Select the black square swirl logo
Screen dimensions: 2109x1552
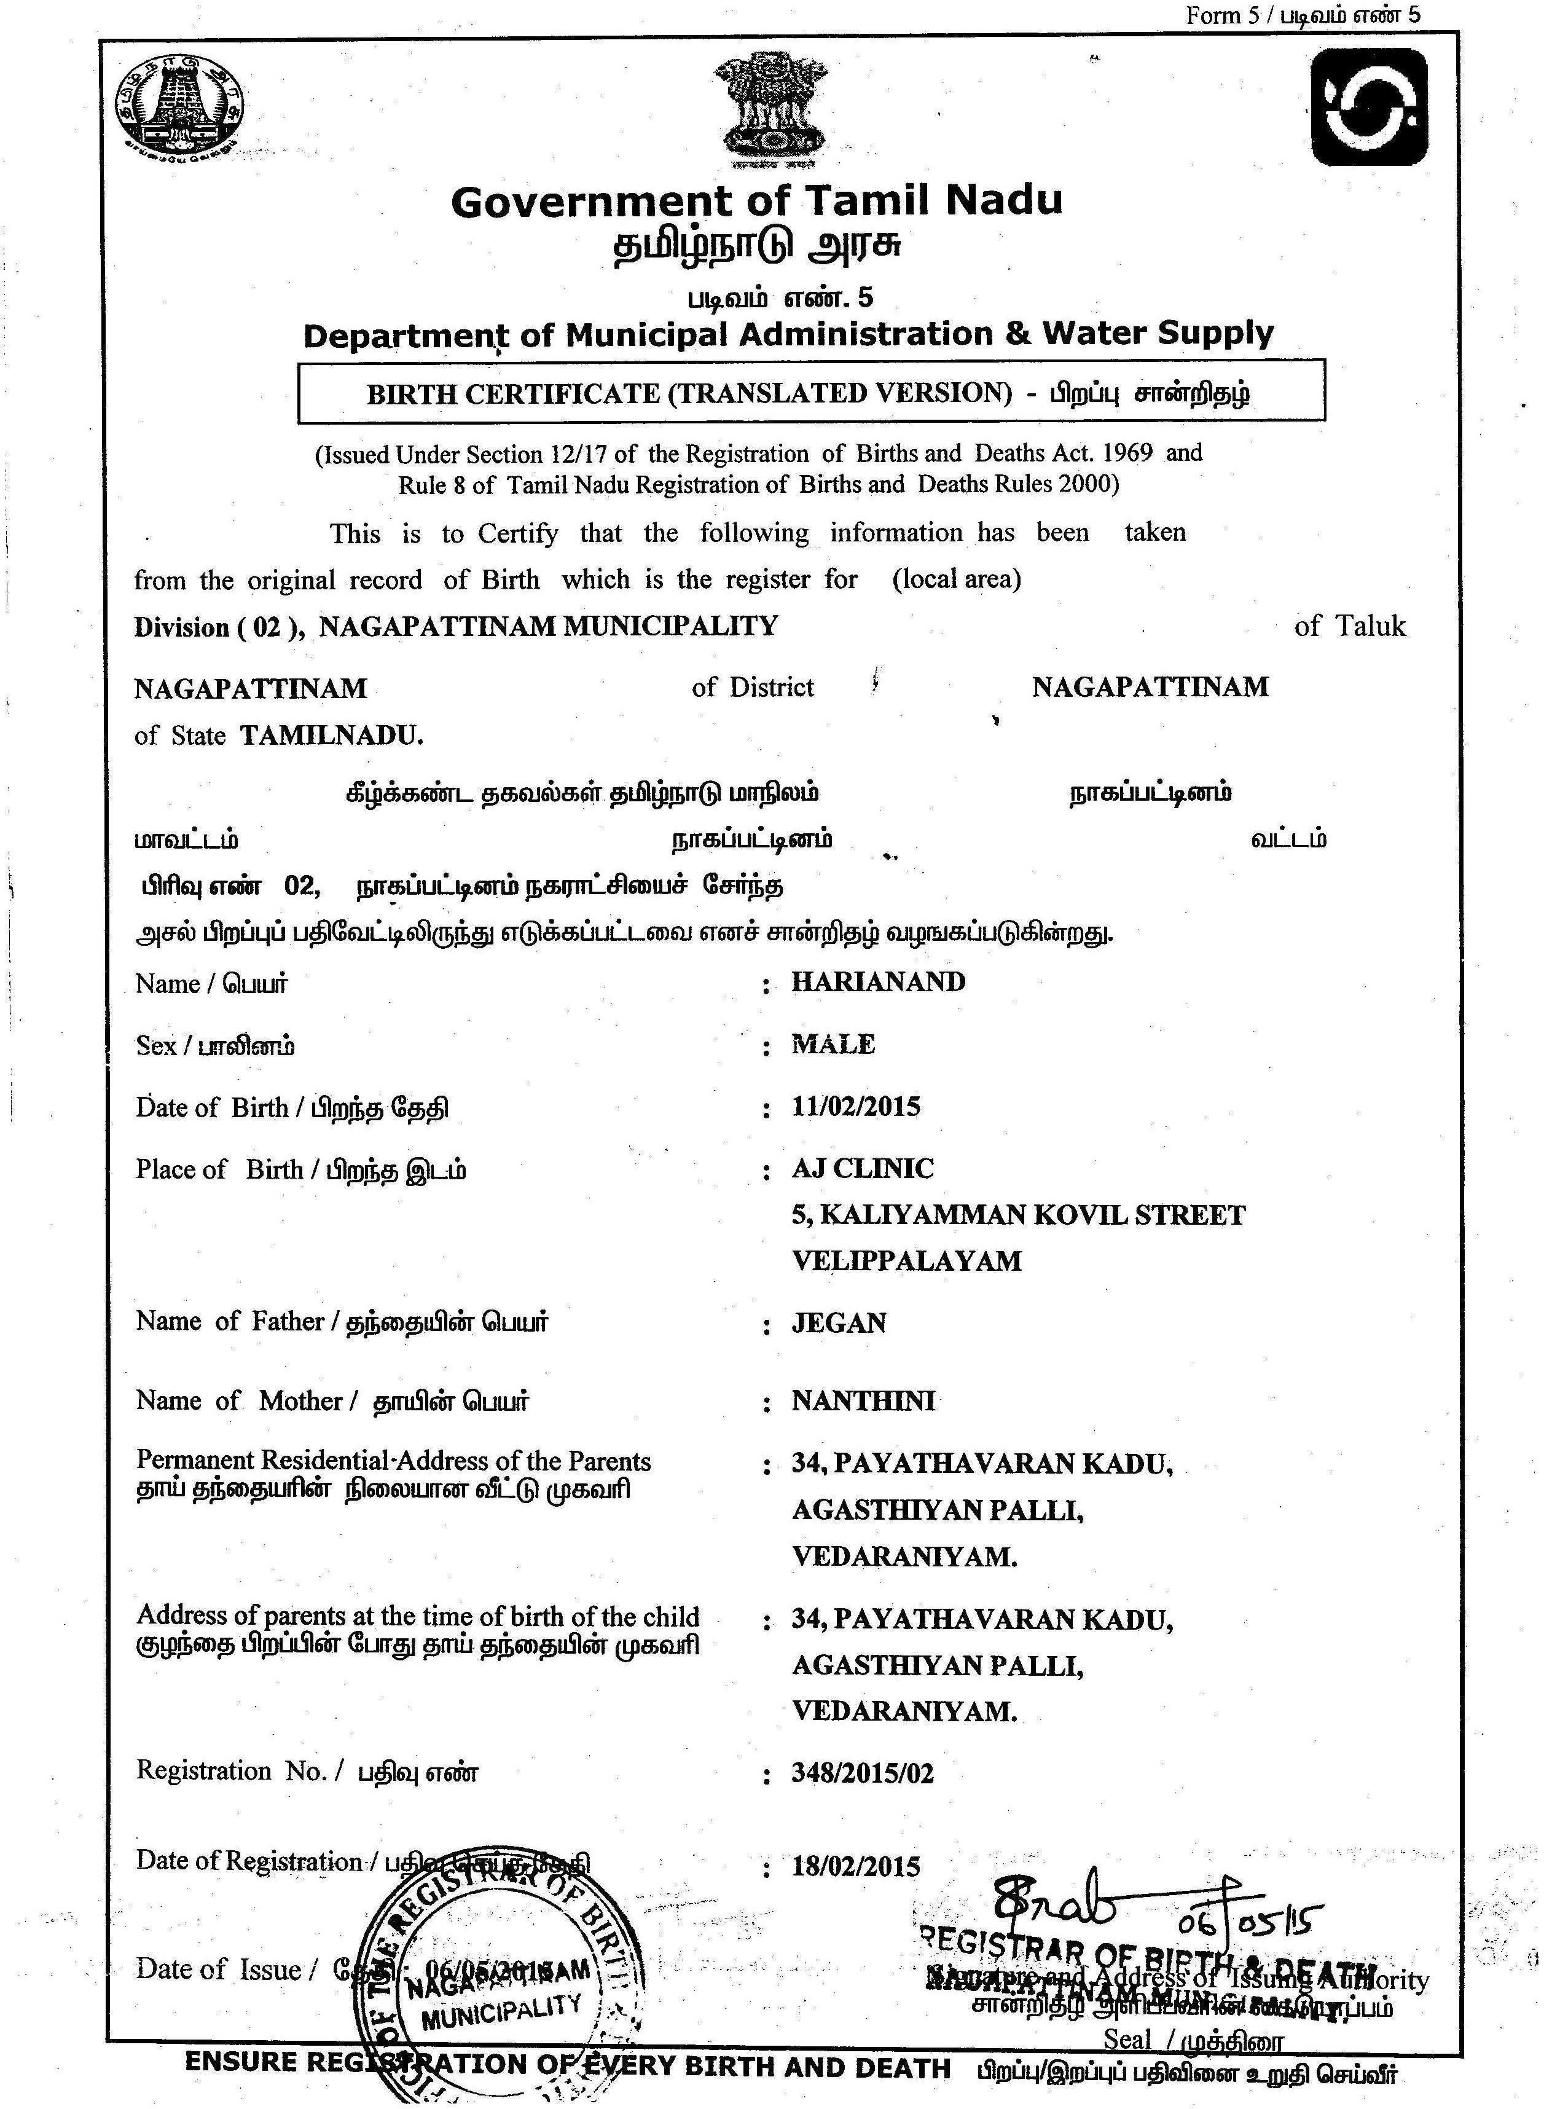(x=1369, y=107)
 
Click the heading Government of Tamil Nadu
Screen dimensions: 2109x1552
(x=756, y=201)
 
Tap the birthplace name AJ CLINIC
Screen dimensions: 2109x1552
(x=863, y=1169)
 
